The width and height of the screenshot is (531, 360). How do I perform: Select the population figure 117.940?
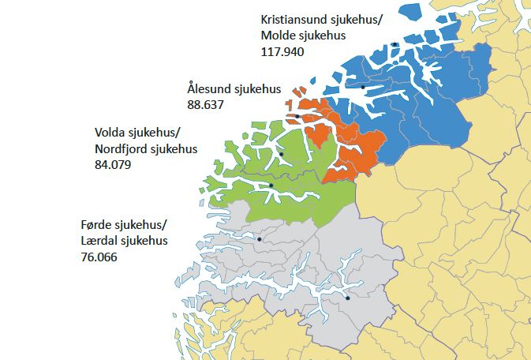click(282, 51)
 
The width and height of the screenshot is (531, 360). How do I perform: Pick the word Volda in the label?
click(110, 132)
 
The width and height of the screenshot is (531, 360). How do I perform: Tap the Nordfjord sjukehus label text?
click(146, 148)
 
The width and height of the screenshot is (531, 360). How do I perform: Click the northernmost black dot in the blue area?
click(393, 44)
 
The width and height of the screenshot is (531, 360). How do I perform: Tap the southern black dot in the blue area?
click(363, 87)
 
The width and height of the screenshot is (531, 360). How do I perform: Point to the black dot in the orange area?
click(297, 117)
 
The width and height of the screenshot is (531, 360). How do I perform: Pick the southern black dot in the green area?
click(271, 186)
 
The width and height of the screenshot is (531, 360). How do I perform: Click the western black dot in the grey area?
click(259, 238)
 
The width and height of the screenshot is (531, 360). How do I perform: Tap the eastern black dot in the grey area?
click(347, 298)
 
